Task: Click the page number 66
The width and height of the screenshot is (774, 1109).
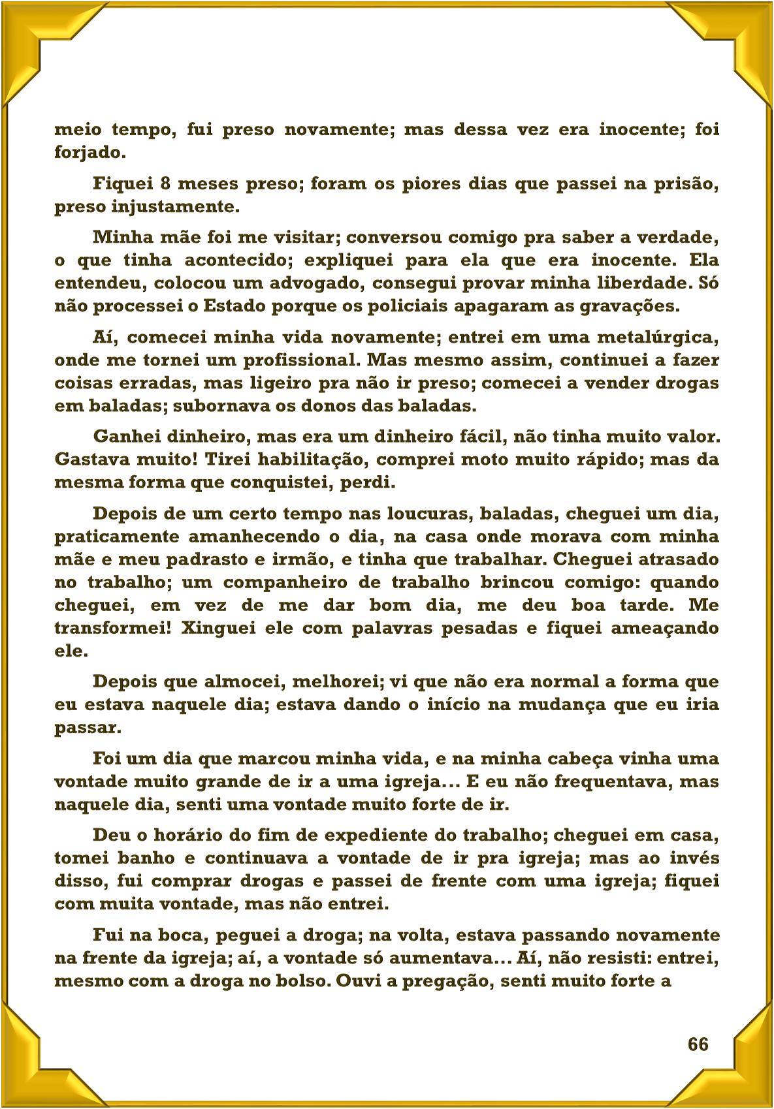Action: (698, 1044)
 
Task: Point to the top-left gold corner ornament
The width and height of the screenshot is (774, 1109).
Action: (33, 33)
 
